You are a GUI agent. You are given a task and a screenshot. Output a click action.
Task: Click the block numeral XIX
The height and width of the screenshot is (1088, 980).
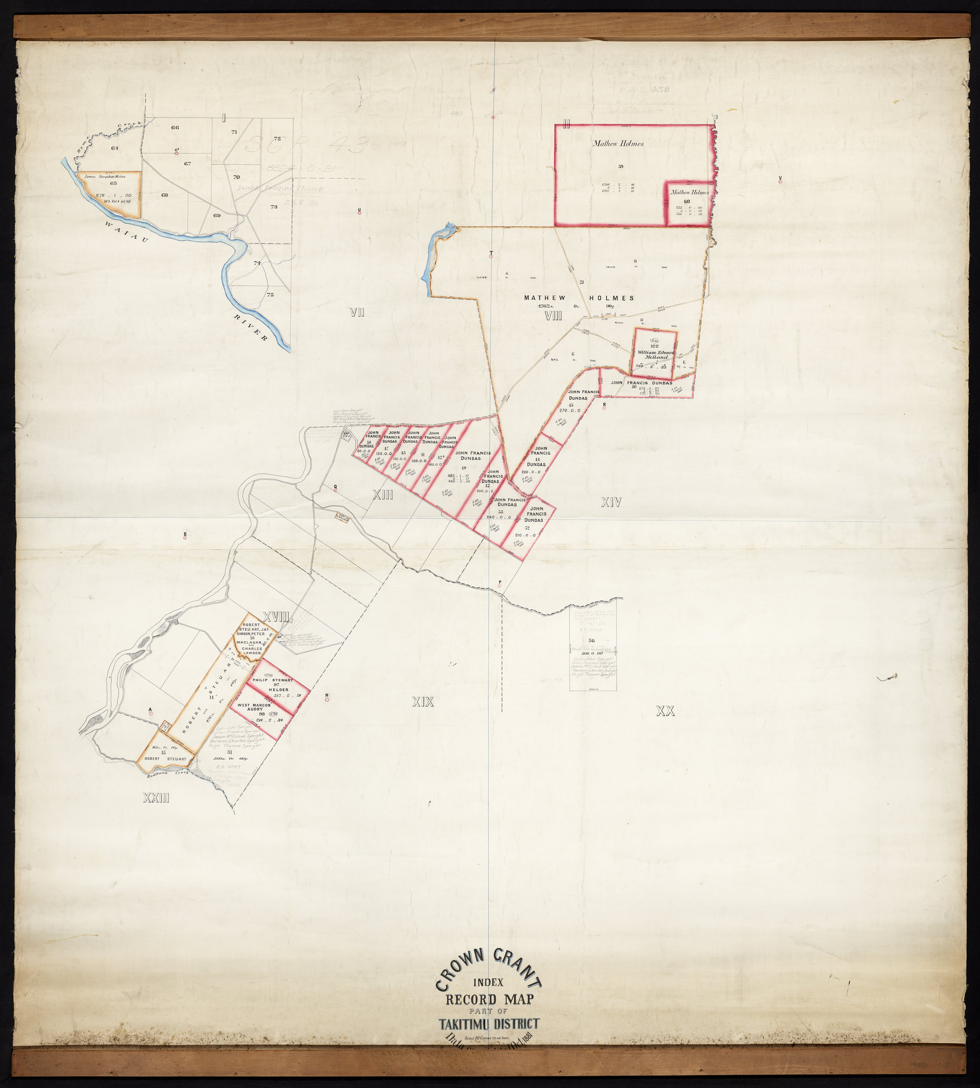[423, 701]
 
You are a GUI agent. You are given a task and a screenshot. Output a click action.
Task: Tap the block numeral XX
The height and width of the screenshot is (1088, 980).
[665, 712]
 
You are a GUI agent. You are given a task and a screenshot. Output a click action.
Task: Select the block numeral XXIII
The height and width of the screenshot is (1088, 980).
[156, 798]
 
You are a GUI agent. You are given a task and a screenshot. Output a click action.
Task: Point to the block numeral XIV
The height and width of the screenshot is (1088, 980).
[611, 502]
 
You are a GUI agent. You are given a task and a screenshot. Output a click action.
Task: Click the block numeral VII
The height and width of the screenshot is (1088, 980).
[358, 312]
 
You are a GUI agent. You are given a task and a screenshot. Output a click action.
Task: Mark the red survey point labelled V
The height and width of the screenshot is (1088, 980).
[780, 182]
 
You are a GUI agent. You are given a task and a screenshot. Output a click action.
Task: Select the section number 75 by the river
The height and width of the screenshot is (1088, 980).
[270, 294]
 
